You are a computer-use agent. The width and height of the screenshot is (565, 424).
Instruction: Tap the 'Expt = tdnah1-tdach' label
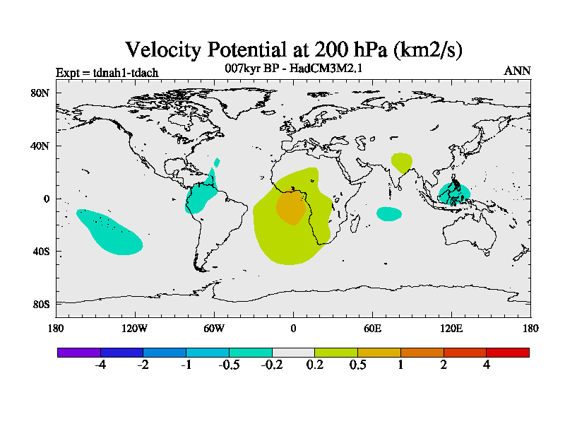107,72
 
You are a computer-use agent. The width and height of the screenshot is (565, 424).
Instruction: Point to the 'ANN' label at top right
517,71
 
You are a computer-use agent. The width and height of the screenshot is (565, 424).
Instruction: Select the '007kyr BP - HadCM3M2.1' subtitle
294,69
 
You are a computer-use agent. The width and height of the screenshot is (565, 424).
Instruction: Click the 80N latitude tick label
39,93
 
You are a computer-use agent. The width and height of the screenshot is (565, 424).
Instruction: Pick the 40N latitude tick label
39,146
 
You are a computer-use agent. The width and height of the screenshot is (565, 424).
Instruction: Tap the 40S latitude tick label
39,252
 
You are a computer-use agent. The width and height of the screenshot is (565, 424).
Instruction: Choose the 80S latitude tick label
39,305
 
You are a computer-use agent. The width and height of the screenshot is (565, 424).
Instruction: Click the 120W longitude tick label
134,328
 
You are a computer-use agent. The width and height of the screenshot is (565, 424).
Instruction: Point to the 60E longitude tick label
372,328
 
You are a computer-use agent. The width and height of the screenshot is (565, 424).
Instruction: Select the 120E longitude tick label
451,328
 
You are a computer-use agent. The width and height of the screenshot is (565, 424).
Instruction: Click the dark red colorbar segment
508,352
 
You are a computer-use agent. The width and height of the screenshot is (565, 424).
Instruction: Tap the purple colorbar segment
79,352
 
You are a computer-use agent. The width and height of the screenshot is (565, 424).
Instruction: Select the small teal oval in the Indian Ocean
388,213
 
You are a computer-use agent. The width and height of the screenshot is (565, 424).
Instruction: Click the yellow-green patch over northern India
402,163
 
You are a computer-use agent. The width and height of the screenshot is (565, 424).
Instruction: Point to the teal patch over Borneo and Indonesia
453,192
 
